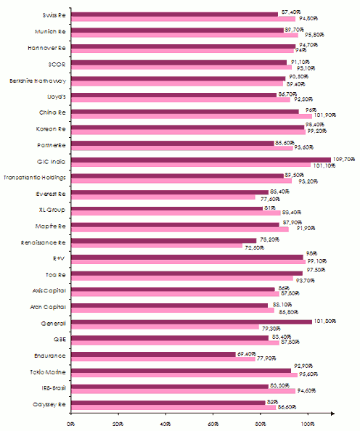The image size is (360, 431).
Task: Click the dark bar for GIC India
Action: coord(200,160)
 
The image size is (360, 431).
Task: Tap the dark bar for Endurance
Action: coord(153,353)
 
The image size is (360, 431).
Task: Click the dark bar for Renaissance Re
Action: coord(163,240)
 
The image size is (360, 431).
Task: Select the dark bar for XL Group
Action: coord(167,208)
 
